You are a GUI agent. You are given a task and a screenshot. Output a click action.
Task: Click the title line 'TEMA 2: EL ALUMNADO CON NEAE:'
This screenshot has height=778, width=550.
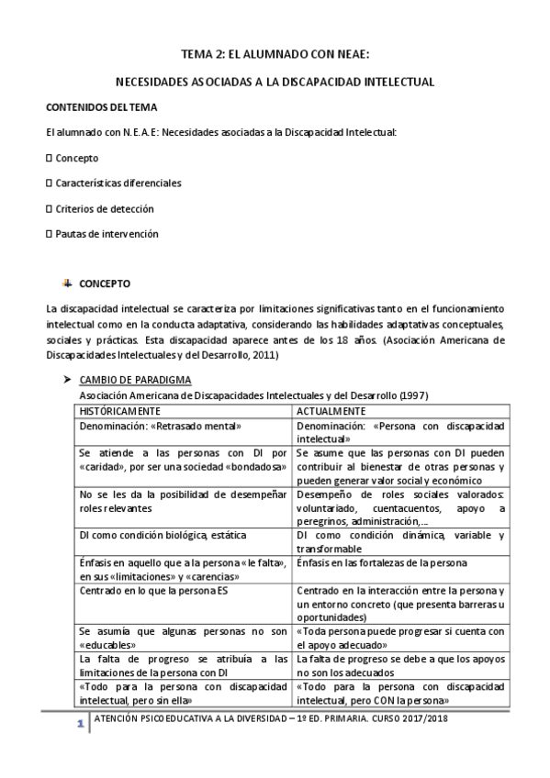click(275, 55)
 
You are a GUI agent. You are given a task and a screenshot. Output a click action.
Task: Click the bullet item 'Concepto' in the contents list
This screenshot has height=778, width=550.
click(76, 158)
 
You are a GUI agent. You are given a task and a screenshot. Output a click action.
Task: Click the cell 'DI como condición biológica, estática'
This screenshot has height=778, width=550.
click(163, 535)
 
